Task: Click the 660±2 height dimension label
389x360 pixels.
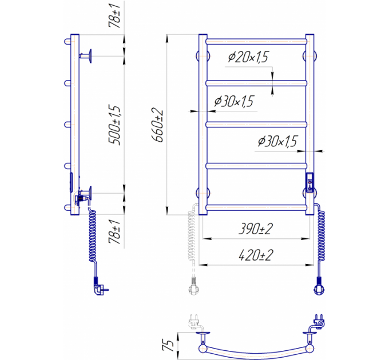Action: [157, 126]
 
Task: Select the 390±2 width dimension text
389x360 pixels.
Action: [256, 229]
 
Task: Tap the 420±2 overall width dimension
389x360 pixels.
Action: [256, 255]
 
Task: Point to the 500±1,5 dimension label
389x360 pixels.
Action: [114, 125]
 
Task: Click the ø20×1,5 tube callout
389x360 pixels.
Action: [248, 57]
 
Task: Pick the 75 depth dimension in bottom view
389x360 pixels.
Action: [168, 345]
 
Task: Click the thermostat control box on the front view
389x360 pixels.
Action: [310, 182]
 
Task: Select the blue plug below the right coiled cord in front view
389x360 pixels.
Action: [319, 286]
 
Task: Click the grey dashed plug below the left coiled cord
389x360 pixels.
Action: [194, 286]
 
